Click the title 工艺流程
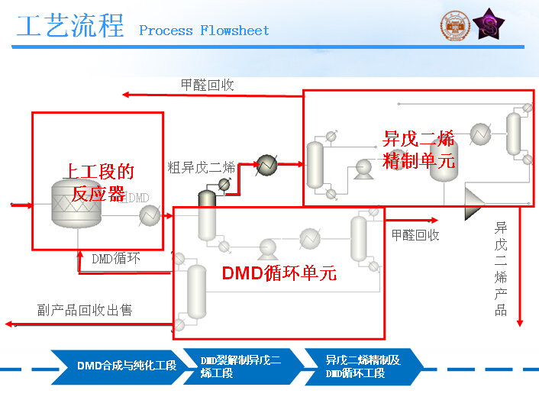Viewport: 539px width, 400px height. pos(69,27)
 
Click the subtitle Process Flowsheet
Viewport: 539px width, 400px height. pos(204,31)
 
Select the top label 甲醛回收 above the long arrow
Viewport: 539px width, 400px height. pos(207,85)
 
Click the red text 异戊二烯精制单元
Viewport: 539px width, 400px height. pos(419,150)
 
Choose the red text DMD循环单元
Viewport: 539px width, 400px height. pos(279,273)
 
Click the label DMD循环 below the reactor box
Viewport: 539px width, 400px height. pos(116,258)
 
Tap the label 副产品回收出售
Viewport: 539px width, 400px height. pos(85,310)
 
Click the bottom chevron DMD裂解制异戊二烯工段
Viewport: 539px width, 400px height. pos(240,366)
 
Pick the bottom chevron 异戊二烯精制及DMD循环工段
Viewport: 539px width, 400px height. pos(362,366)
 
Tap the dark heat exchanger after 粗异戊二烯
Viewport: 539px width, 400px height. pos(266,165)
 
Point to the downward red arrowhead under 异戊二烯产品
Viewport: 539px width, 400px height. pos(520,321)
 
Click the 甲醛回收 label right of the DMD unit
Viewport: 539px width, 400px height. pos(415,235)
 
